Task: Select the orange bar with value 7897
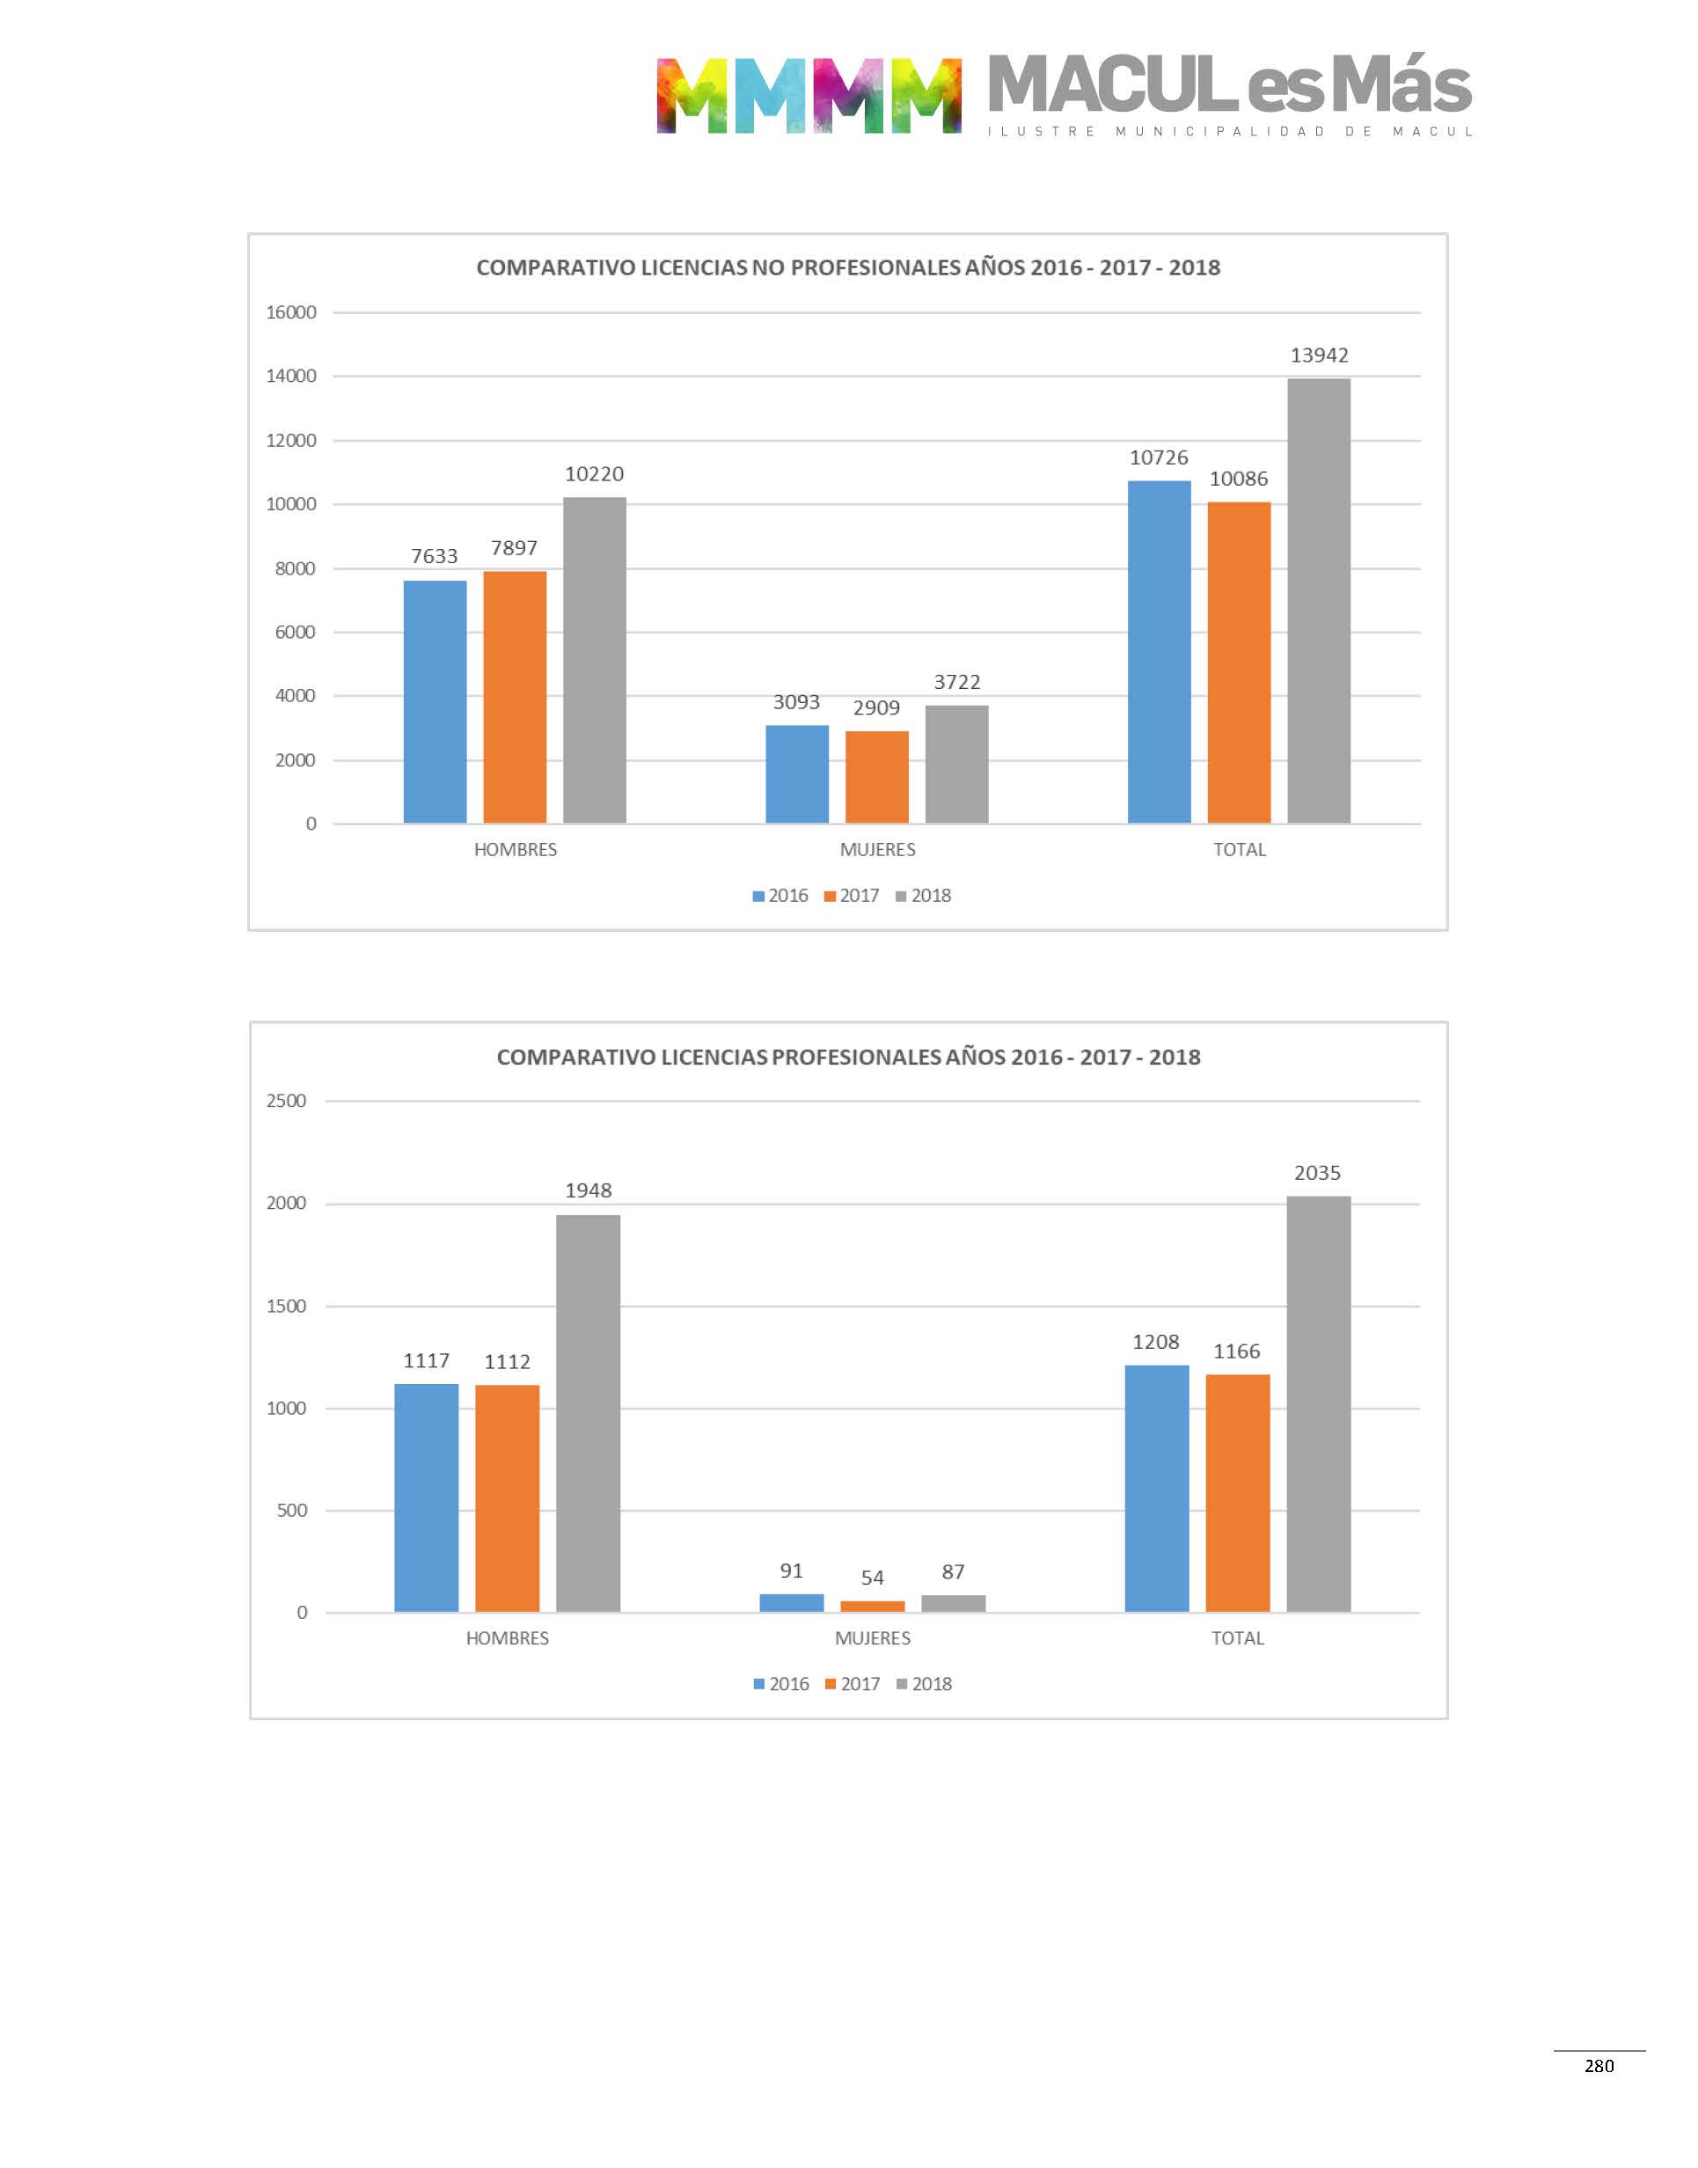pyautogui.click(x=514, y=697)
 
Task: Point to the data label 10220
pyautogui.click(x=594, y=474)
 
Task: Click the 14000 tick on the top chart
pyautogui.click(x=290, y=376)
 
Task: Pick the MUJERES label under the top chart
pyautogui.click(x=877, y=850)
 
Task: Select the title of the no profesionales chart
pyautogui.click(x=847, y=267)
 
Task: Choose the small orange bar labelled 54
pyautogui.click(x=872, y=1606)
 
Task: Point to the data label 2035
pyautogui.click(x=1317, y=1173)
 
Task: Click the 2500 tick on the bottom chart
pyautogui.click(x=286, y=1101)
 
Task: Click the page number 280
pyautogui.click(x=1599, y=2066)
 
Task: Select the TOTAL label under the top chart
pyautogui.click(x=1239, y=850)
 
